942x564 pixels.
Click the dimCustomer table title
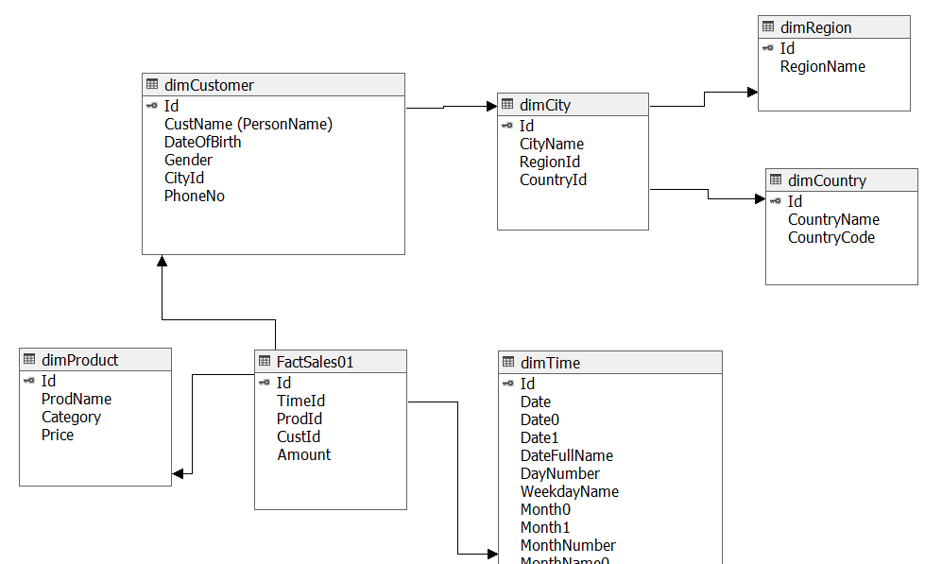click(x=209, y=85)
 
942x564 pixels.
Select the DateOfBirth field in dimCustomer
click(x=202, y=142)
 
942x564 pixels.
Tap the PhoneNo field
click(x=194, y=196)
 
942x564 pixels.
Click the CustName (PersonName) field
click(x=248, y=124)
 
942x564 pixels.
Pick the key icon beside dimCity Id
click(x=507, y=126)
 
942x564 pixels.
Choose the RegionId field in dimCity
click(x=549, y=162)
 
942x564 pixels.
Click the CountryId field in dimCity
click(x=553, y=179)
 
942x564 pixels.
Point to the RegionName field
click(x=822, y=66)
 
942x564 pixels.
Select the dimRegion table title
click(x=815, y=27)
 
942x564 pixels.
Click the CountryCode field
click(x=831, y=237)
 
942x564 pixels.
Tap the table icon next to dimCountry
click(x=776, y=180)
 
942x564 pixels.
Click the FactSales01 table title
click(x=315, y=361)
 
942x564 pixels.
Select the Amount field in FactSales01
click(x=303, y=454)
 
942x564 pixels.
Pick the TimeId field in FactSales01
click(x=300, y=401)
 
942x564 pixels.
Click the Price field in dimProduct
click(x=57, y=435)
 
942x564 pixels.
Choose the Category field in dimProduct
click(x=71, y=417)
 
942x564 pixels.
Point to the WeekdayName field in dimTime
click(x=569, y=491)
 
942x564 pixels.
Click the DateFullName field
click(x=566, y=455)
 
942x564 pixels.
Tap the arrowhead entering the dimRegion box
click(x=752, y=92)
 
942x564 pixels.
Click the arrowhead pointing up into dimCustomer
click(x=162, y=261)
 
